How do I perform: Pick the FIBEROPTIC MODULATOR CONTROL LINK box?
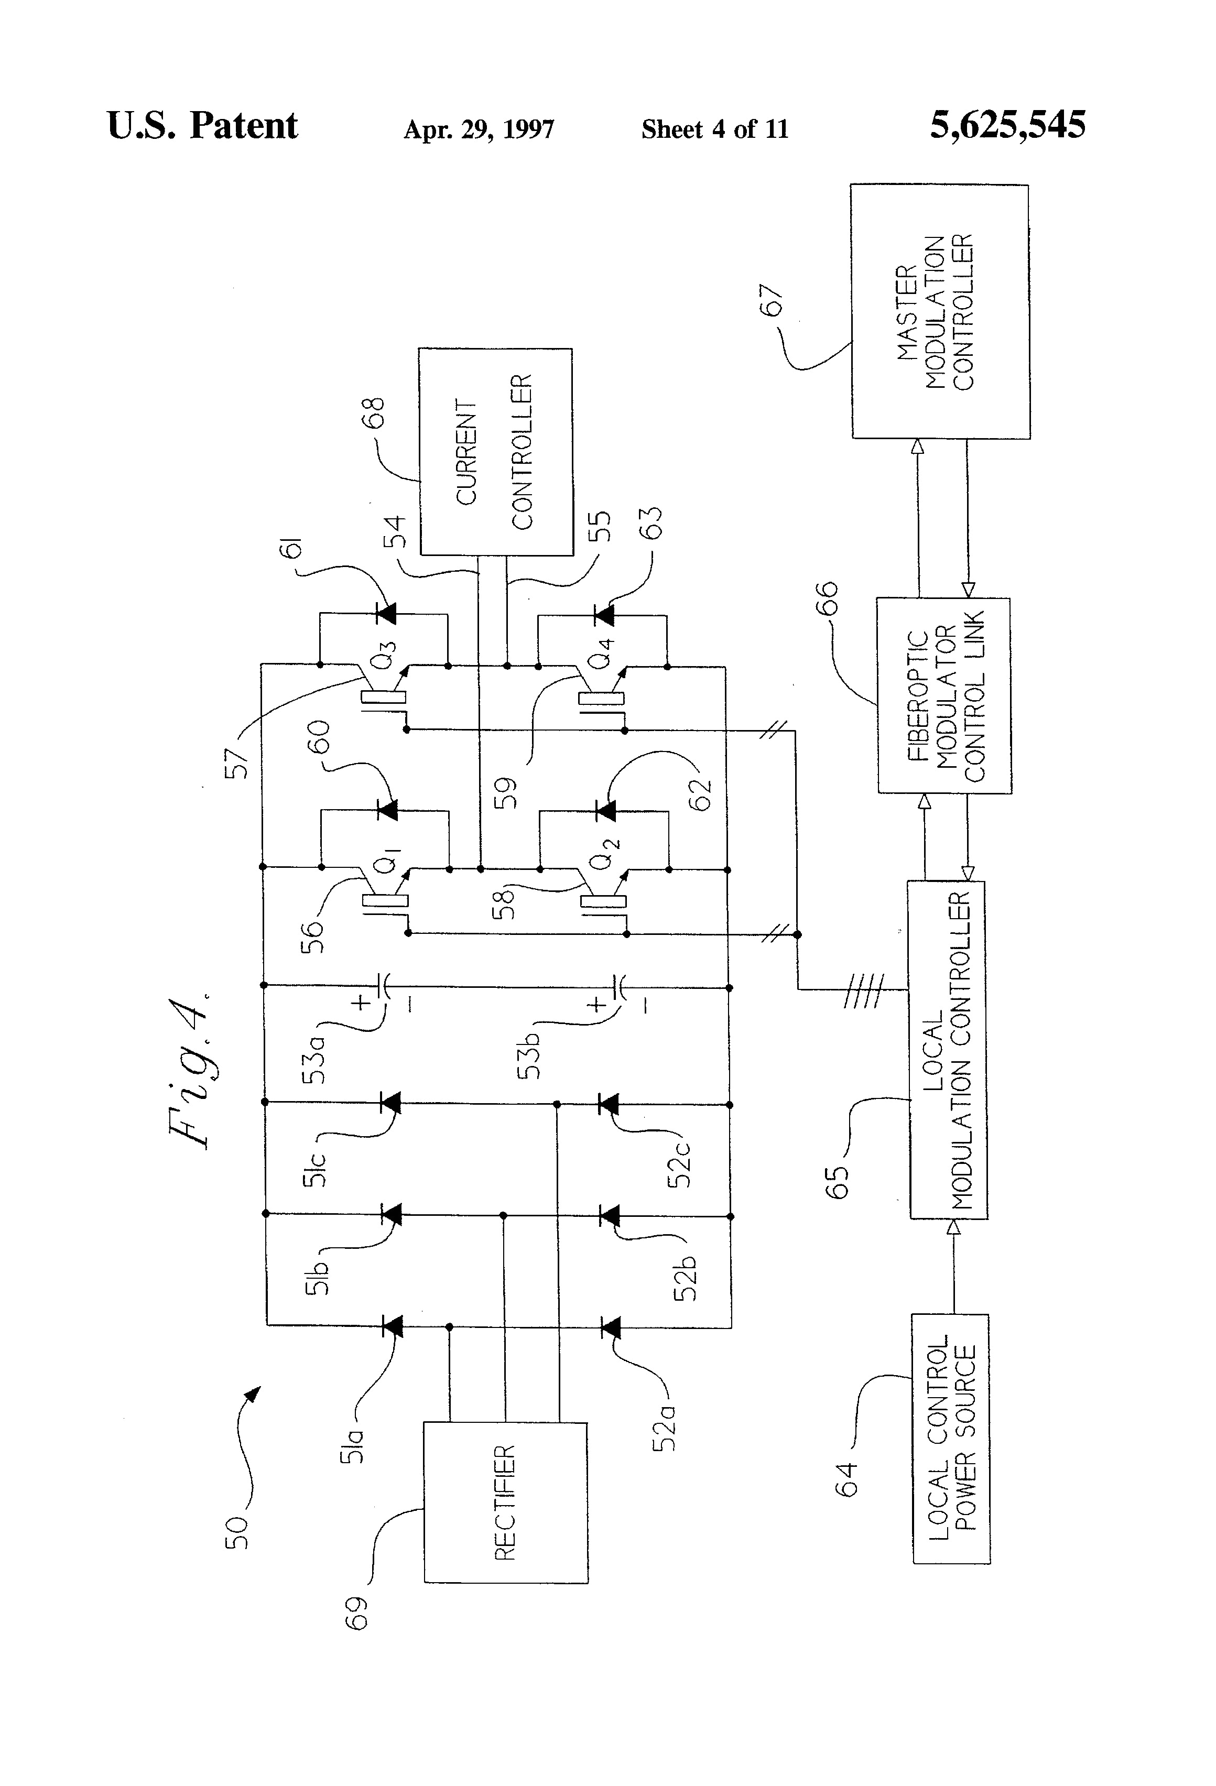tap(944, 695)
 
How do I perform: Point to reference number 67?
tap(771, 300)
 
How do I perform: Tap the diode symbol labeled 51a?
tap(392, 1326)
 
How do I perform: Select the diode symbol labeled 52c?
tap(608, 1104)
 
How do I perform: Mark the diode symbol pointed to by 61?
tap(385, 613)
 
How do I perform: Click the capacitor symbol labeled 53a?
tap(384, 985)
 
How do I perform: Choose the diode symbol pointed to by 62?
tap(606, 810)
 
